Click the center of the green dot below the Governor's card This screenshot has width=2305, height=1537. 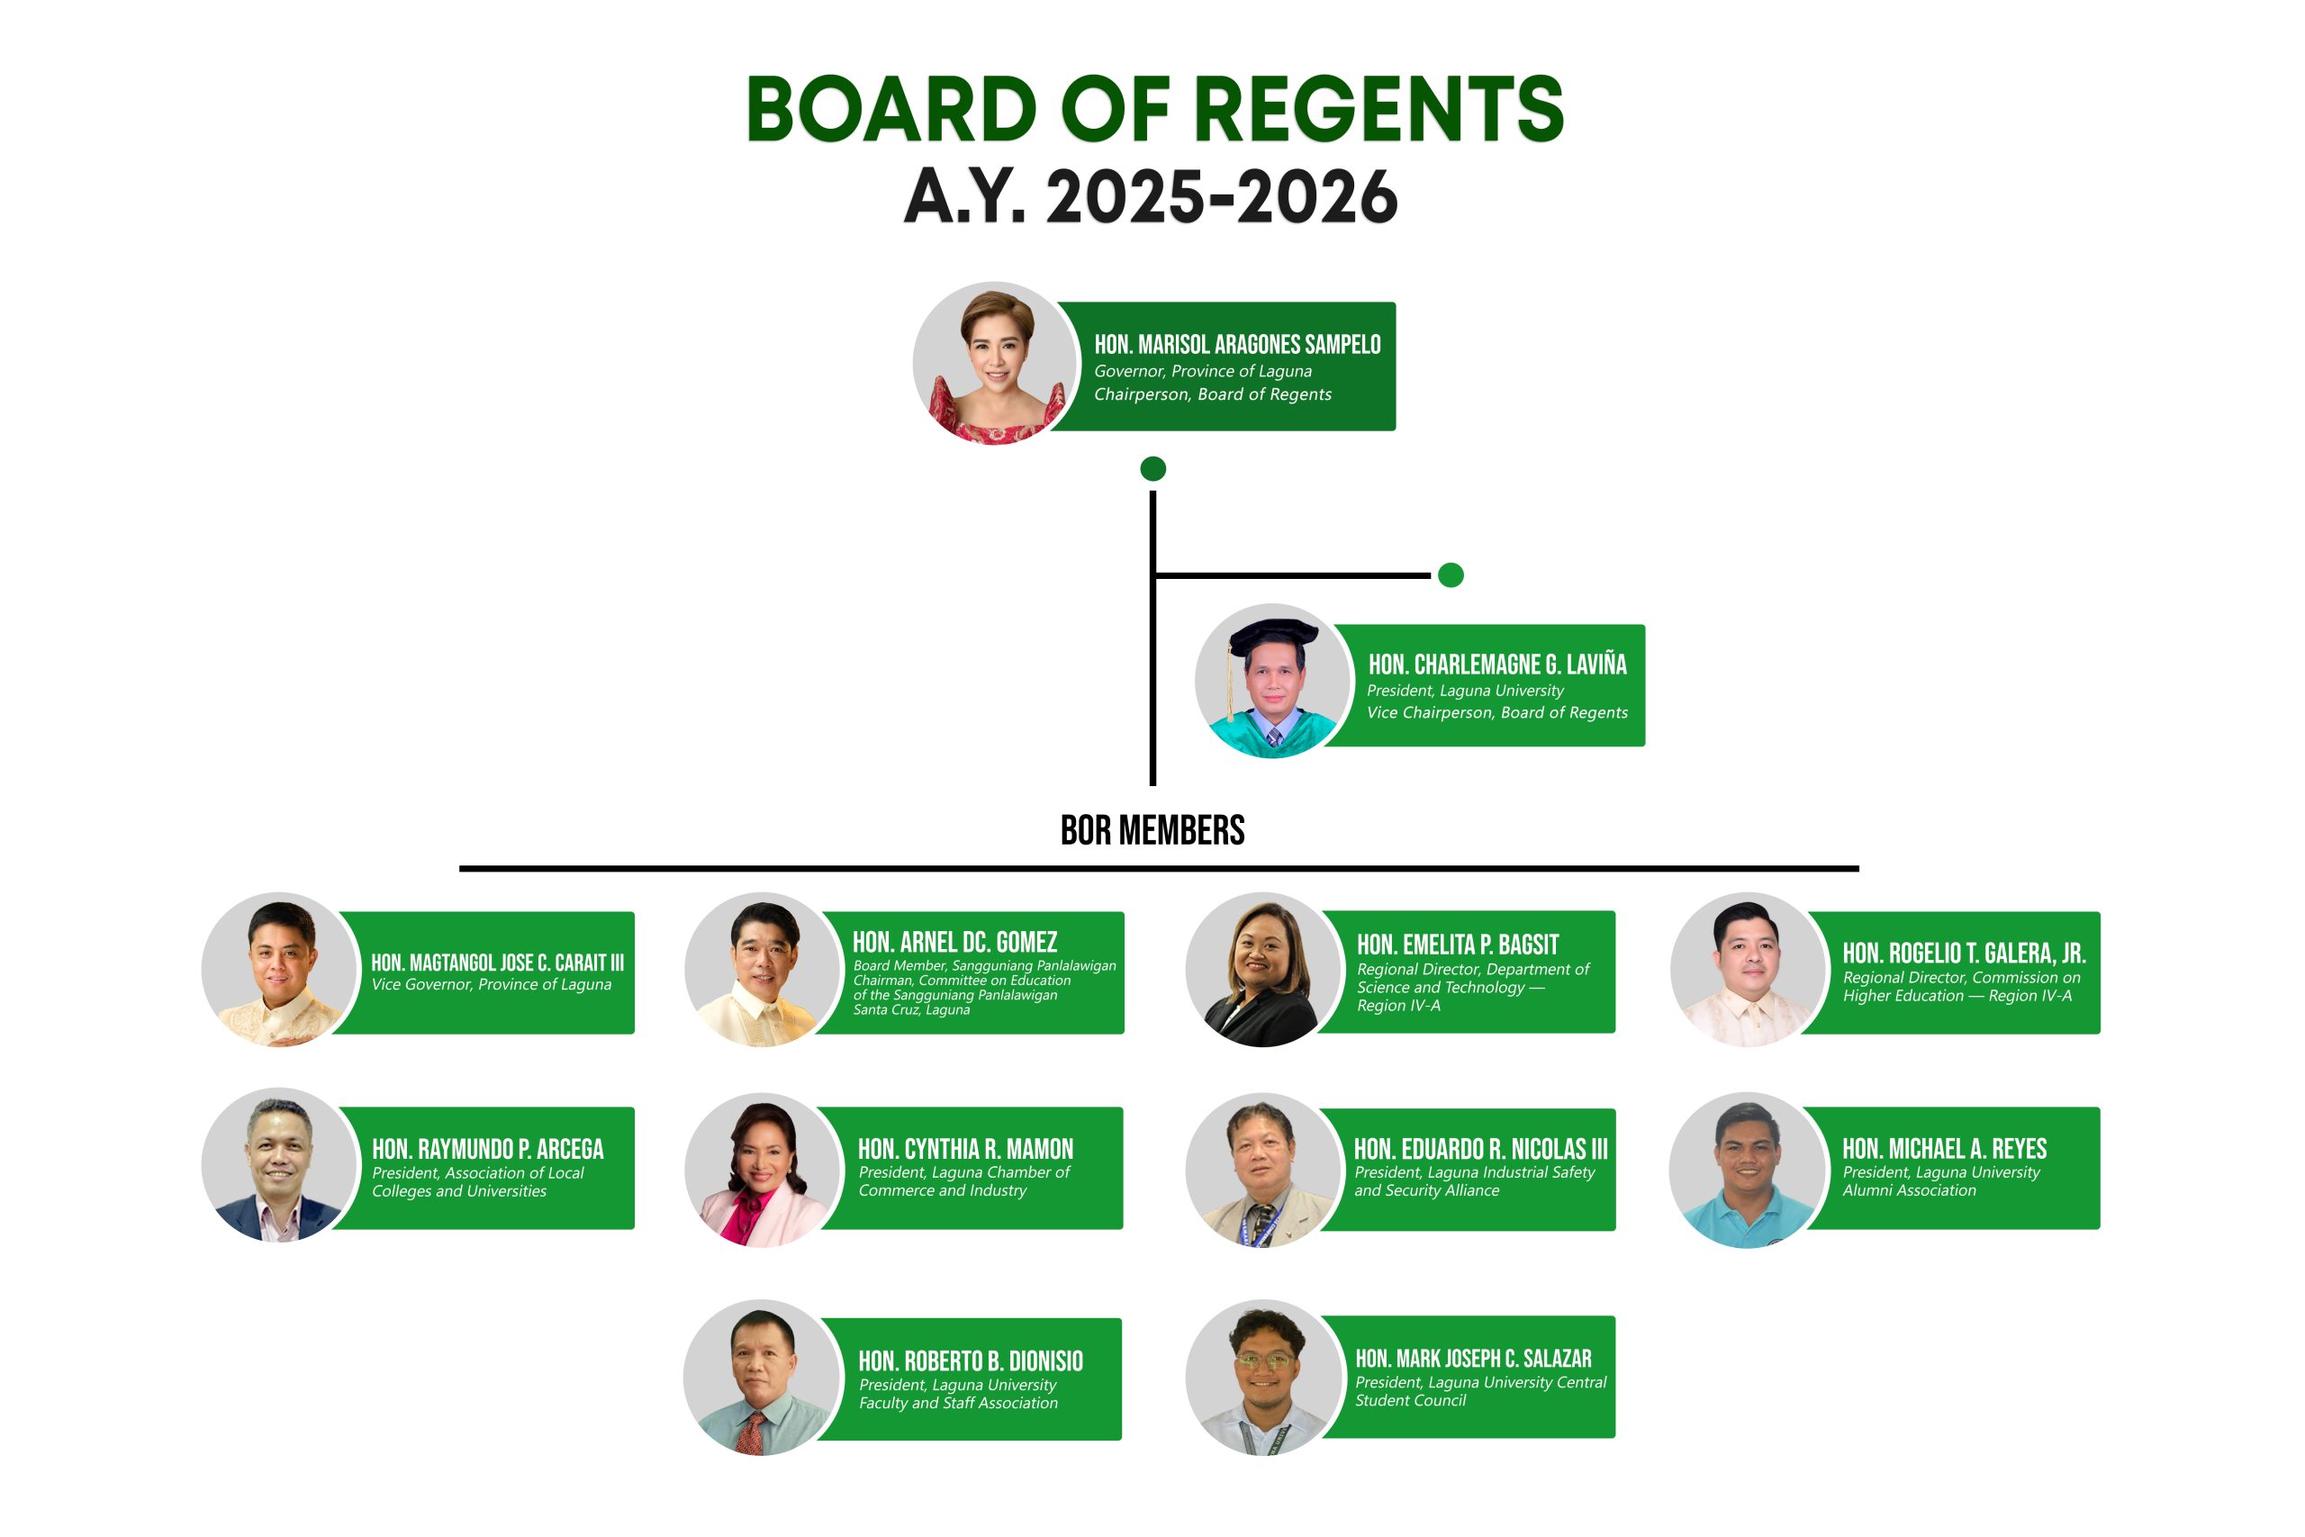1152,468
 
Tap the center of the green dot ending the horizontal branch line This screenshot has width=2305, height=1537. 1451,575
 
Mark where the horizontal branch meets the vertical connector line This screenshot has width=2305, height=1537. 1153,575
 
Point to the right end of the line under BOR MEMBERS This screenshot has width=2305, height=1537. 1858,869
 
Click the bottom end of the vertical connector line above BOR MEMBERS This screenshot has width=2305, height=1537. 1152,785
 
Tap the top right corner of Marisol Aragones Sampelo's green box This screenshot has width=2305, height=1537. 1396,303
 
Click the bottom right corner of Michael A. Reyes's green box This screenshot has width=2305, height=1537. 2101,1229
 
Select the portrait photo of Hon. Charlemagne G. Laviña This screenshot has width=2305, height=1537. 1273,682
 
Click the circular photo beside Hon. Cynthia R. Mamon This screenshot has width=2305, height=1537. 764,1170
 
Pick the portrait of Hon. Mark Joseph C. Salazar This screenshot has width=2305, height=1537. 1264,1378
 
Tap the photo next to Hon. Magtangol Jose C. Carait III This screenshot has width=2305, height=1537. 280,970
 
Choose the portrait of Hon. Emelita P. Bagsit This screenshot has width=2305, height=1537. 1264,970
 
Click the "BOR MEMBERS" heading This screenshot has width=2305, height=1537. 1152,830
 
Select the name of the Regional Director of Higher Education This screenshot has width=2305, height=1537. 1964,953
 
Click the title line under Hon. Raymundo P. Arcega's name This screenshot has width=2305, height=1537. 478,1182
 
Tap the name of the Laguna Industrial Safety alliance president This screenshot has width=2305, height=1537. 1481,1149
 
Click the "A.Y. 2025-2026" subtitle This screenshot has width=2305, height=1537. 1151,196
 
